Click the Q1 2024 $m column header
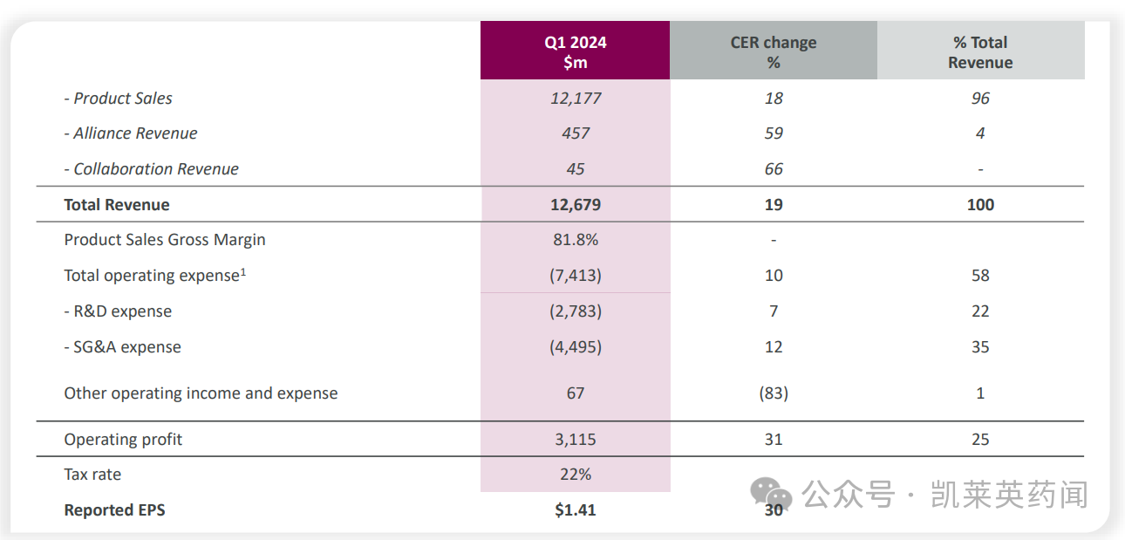click(x=575, y=52)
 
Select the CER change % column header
click(x=773, y=52)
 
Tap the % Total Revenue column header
click(x=980, y=52)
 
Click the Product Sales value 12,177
click(x=576, y=99)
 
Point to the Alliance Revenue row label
click(x=135, y=133)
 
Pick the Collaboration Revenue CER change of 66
click(x=774, y=169)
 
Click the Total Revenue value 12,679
click(x=576, y=205)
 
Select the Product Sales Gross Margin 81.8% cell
click(x=576, y=240)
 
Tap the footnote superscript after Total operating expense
click(x=243, y=271)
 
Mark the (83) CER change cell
click(x=774, y=393)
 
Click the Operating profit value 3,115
click(x=576, y=440)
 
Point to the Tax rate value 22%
click(x=576, y=475)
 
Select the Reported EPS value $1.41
click(x=576, y=510)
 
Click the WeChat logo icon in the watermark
click(x=772, y=495)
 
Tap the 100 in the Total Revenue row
click(x=980, y=205)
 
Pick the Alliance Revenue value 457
click(x=576, y=133)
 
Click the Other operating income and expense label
click(x=201, y=393)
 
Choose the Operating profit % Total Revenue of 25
click(x=980, y=440)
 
